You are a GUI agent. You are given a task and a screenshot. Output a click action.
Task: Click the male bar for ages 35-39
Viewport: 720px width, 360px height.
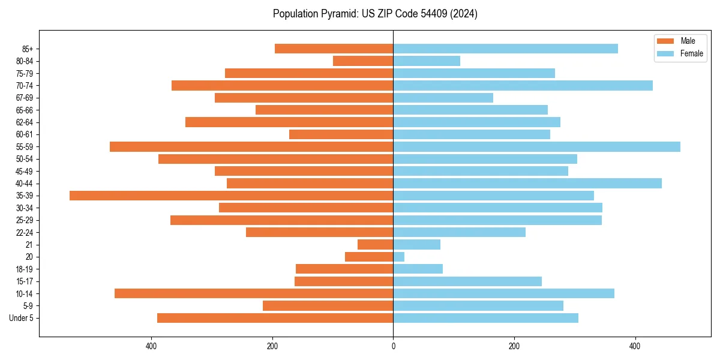click(x=231, y=196)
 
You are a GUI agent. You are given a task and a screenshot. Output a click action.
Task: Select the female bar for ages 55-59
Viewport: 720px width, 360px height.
click(x=536, y=146)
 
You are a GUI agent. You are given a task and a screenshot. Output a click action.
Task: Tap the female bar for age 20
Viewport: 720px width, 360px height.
click(x=398, y=257)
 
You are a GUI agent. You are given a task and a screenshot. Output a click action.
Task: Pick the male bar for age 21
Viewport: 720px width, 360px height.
click(x=375, y=245)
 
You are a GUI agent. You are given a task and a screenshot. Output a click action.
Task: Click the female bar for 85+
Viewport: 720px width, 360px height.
click(x=505, y=49)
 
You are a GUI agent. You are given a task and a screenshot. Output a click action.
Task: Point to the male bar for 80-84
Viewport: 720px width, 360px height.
click(x=363, y=61)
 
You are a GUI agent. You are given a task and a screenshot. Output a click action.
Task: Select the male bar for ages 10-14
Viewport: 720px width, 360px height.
click(x=254, y=293)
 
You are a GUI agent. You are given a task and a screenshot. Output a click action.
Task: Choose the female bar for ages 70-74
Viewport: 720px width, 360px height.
click(x=523, y=85)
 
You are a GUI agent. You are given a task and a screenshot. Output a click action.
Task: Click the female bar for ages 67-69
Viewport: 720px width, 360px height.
click(x=443, y=98)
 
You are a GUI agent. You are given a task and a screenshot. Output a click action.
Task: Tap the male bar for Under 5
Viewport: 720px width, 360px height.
click(x=275, y=318)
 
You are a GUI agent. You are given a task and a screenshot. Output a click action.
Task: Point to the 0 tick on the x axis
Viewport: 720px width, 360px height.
click(x=393, y=346)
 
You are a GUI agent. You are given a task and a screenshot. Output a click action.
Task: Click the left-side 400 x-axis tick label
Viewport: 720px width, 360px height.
click(x=151, y=346)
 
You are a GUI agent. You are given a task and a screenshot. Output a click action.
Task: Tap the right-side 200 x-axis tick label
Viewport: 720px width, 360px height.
click(x=514, y=346)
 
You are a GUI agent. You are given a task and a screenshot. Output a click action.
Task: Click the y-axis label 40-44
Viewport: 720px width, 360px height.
click(x=25, y=184)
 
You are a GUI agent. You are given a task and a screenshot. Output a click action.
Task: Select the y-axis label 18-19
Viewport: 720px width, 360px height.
click(x=25, y=269)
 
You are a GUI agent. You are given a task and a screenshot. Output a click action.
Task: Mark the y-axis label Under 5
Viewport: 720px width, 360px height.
click(x=22, y=318)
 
